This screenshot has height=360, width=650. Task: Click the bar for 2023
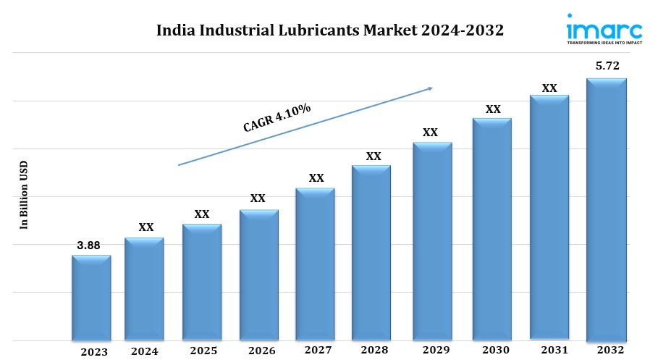click(91, 298)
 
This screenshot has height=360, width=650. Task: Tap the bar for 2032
click(606, 209)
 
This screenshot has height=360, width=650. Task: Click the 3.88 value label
click(88, 246)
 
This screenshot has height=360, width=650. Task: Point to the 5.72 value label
click(607, 66)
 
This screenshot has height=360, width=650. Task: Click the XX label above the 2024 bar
click(146, 227)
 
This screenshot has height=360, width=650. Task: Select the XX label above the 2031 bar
click(549, 88)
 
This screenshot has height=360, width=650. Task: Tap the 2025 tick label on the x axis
click(203, 351)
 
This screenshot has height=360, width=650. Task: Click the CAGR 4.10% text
click(277, 118)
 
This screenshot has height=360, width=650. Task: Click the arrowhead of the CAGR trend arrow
click(429, 88)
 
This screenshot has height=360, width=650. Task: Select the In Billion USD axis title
click(24, 195)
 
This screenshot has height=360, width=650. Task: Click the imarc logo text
click(604, 30)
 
